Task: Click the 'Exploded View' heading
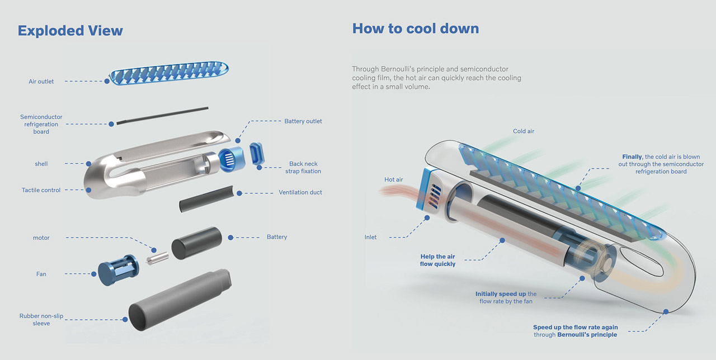(x=70, y=30)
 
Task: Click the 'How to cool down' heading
(x=415, y=28)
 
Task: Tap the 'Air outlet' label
(x=41, y=82)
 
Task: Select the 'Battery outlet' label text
(x=303, y=121)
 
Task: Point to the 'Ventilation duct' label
(x=300, y=192)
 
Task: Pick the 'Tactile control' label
(x=41, y=190)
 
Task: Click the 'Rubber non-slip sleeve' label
(x=41, y=320)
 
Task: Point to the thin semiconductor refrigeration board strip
(x=162, y=115)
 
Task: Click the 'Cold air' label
(x=524, y=131)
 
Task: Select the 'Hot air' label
(x=393, y=179)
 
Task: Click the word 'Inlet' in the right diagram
(x=370, y=237)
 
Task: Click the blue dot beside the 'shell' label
(x=88, y=164)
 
